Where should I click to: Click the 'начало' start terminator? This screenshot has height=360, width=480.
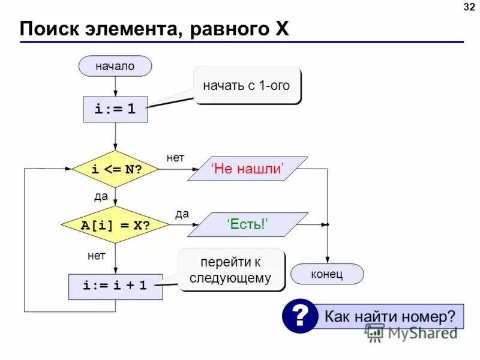pos(115,66)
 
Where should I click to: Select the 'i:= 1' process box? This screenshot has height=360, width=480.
pos(115,110)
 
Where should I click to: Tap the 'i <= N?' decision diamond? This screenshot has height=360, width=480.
pos(116,169)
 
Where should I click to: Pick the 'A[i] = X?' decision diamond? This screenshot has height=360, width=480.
pos(116,224)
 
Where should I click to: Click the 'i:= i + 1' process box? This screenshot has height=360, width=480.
pos(116,286)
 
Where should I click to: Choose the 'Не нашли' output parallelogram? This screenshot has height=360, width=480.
pos(247,169)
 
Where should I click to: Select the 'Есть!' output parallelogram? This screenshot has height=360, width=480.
pos(247,224)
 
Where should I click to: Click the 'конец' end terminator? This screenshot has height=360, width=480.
pos(327,274)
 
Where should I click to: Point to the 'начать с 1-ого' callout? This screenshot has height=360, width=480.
pos(247,85)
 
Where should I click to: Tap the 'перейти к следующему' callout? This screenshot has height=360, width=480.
pos(231,270)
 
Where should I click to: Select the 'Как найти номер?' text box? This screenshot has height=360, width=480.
pos(390,316)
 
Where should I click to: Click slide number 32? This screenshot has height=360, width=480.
pos(468,7)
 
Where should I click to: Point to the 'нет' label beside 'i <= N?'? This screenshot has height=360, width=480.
pos(175,157)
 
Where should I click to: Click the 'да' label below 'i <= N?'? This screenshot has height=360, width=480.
pos(100,197)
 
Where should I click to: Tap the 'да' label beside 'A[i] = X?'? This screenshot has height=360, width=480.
pos(182,213)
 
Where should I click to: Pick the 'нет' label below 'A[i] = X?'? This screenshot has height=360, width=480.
pos(96,256)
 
